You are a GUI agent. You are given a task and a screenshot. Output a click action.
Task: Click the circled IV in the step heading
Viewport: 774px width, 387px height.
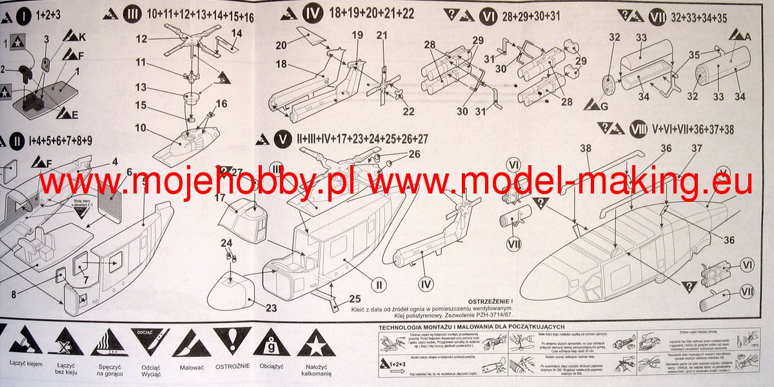[312, 14]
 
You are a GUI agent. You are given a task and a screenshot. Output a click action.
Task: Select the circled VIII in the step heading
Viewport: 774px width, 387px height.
[639, 129]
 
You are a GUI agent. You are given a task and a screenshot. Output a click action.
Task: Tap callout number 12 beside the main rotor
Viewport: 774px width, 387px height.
[142, 39]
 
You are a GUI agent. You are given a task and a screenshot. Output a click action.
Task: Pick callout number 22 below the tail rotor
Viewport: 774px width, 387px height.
[408, 111]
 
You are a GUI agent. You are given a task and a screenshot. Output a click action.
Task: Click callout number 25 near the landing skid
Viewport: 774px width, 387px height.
[355, 299]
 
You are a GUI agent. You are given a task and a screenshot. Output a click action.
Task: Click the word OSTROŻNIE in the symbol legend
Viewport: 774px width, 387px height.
[232, 367]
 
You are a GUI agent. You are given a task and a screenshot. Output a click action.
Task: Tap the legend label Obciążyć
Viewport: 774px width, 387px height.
[271, 367]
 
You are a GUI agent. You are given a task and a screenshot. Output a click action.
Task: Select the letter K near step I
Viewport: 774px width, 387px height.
[82, 37]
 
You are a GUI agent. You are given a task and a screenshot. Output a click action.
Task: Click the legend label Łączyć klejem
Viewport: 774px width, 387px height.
[26, 364]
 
